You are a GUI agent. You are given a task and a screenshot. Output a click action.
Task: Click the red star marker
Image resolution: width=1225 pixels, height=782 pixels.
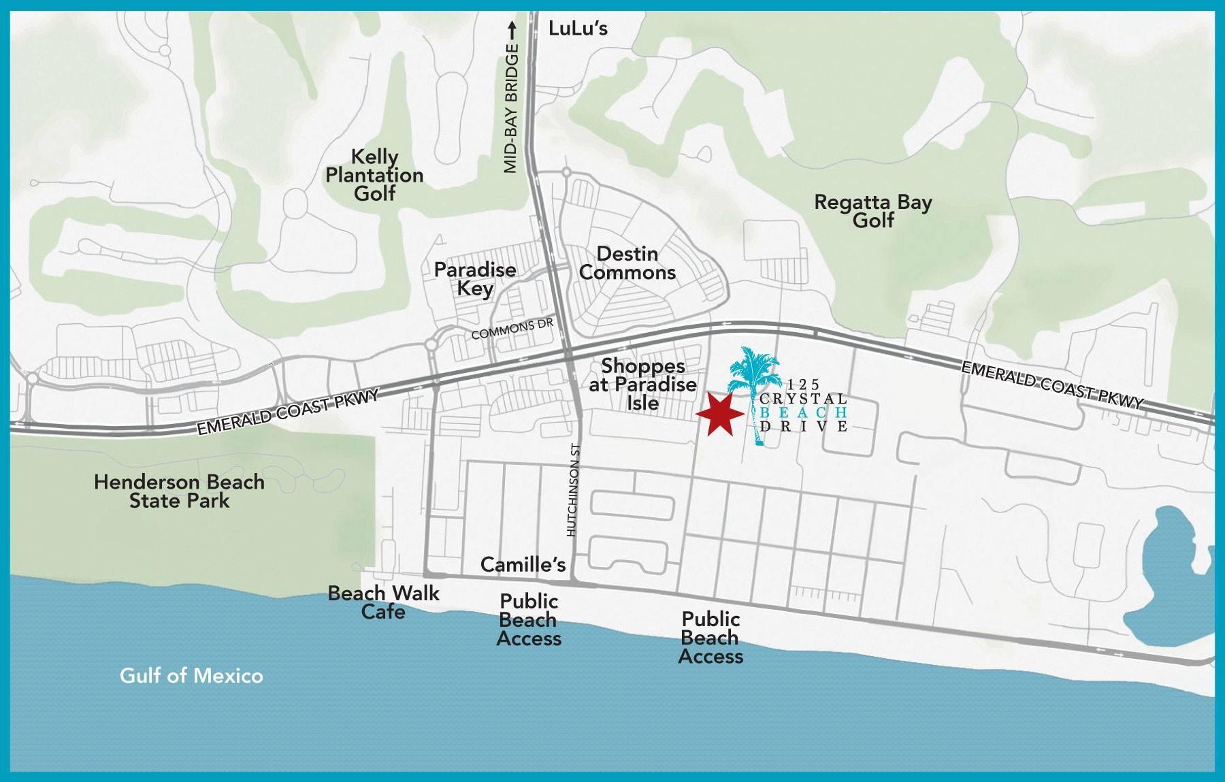pos(719,414)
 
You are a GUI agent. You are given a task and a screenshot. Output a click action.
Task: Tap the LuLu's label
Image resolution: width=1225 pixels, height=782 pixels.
pos(578,29)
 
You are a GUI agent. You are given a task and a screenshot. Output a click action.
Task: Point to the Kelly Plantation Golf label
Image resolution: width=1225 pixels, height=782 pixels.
pos(374,175)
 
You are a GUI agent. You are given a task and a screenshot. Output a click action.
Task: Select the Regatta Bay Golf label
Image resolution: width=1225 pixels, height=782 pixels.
pos(873,211)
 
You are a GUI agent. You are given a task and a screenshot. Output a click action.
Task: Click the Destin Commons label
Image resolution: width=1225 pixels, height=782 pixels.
pos(627,263)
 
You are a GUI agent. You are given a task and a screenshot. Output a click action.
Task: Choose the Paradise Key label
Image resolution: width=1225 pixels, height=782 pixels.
pos(475,279)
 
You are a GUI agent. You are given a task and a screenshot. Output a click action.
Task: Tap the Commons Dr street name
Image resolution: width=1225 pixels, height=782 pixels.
pos(512,329)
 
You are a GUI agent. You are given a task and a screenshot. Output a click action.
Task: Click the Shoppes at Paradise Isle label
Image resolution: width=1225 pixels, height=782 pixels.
pos(642,385)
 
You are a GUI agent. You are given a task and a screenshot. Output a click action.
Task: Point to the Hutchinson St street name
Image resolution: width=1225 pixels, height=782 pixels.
pos(572,490)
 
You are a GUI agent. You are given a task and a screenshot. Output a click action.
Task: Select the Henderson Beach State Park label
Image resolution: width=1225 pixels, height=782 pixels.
pos(179,491)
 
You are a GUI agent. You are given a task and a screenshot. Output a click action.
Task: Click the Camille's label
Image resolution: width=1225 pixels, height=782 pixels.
pos(523,564)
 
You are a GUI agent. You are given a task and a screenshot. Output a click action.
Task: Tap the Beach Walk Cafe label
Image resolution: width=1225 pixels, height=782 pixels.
pos(384,602)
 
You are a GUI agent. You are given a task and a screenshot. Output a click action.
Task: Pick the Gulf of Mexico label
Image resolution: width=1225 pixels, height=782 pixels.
pos(191,676)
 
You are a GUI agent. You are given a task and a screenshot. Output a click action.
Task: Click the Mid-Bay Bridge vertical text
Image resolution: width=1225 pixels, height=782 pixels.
pos(512,109)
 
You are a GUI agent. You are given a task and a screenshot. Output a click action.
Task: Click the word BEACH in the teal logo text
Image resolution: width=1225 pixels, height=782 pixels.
pos(804,412)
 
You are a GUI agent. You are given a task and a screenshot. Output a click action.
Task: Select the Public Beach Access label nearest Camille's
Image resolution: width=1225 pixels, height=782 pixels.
pos(529,620)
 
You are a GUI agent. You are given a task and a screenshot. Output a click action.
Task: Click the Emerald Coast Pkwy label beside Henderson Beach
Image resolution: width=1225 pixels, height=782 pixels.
pos(287,412)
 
